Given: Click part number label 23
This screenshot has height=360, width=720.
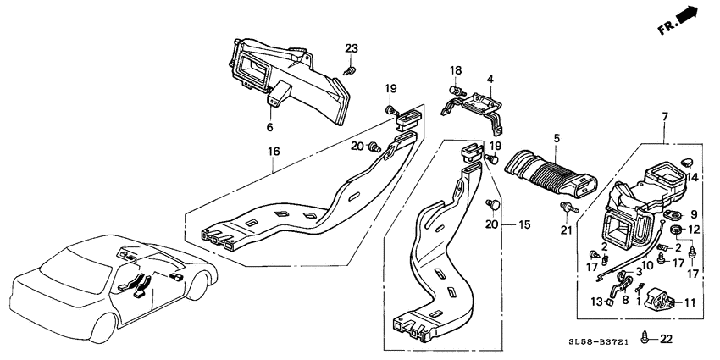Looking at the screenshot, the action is (352, 48).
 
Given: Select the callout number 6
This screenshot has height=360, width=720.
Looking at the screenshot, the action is (269, 127).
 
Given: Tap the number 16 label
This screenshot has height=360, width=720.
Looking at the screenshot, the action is (273, 152).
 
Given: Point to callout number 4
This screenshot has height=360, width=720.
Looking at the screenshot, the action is (490, 79).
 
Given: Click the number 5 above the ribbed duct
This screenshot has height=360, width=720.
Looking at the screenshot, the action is (557, 138).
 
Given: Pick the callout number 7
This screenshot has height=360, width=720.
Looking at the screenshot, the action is (665, 117).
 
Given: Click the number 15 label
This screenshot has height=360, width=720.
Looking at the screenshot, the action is (524, 225).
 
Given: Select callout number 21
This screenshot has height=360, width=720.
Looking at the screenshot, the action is (567, 230).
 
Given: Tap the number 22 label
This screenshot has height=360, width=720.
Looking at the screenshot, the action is (666, 340).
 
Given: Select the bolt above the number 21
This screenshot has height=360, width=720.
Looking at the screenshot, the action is (568, 209).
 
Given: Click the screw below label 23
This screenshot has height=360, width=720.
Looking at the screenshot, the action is (350, 70).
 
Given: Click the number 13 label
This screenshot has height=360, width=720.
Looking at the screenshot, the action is (597, 302).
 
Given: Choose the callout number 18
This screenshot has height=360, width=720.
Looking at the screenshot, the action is (456, 70).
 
